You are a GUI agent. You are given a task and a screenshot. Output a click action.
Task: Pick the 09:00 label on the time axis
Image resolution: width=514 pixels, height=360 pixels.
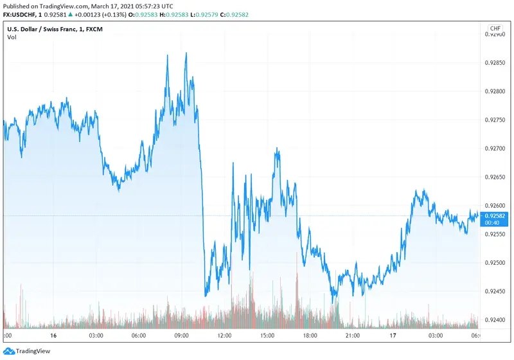pyautogui.click(x=182, y=336)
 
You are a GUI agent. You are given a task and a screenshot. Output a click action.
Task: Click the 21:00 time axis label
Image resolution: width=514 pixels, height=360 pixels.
pyautogui.click(x=353, y=336)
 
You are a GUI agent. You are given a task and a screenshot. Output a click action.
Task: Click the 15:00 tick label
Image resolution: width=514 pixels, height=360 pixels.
pyautogui.click(x=267, y=336)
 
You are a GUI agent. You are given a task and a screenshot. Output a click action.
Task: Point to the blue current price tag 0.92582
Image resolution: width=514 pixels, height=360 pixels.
pyautogui.click(x=495, y=215)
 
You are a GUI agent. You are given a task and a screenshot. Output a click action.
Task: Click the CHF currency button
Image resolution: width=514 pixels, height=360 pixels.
pyautogui.click(x=495, y=29)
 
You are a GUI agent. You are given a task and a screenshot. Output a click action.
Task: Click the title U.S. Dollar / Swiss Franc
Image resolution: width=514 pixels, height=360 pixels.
pyautogui.click(x=49, y=28)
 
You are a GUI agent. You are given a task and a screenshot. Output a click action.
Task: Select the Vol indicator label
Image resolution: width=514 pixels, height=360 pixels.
pyautogui.click(x=12, y=37)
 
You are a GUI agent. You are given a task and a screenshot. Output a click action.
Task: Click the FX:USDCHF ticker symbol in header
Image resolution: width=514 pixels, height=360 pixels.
pyautogui.click(x=21, y=15)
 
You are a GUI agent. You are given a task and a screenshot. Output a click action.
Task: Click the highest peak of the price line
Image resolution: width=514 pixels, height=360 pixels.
pyautogui.click(x=186, y=53)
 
